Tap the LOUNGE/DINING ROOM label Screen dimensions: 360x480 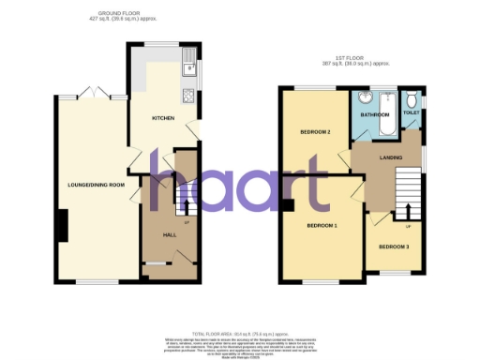tap(90, 185)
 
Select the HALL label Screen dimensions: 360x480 tap(171, 234)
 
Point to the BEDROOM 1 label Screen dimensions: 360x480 tap(322, 227)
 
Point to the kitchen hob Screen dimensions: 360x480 tap(189, 96)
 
